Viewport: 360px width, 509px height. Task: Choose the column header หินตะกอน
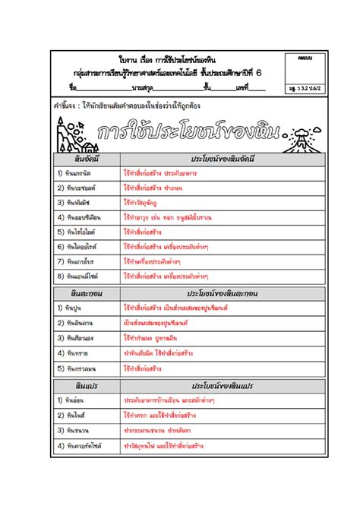click(x=87, y=293)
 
